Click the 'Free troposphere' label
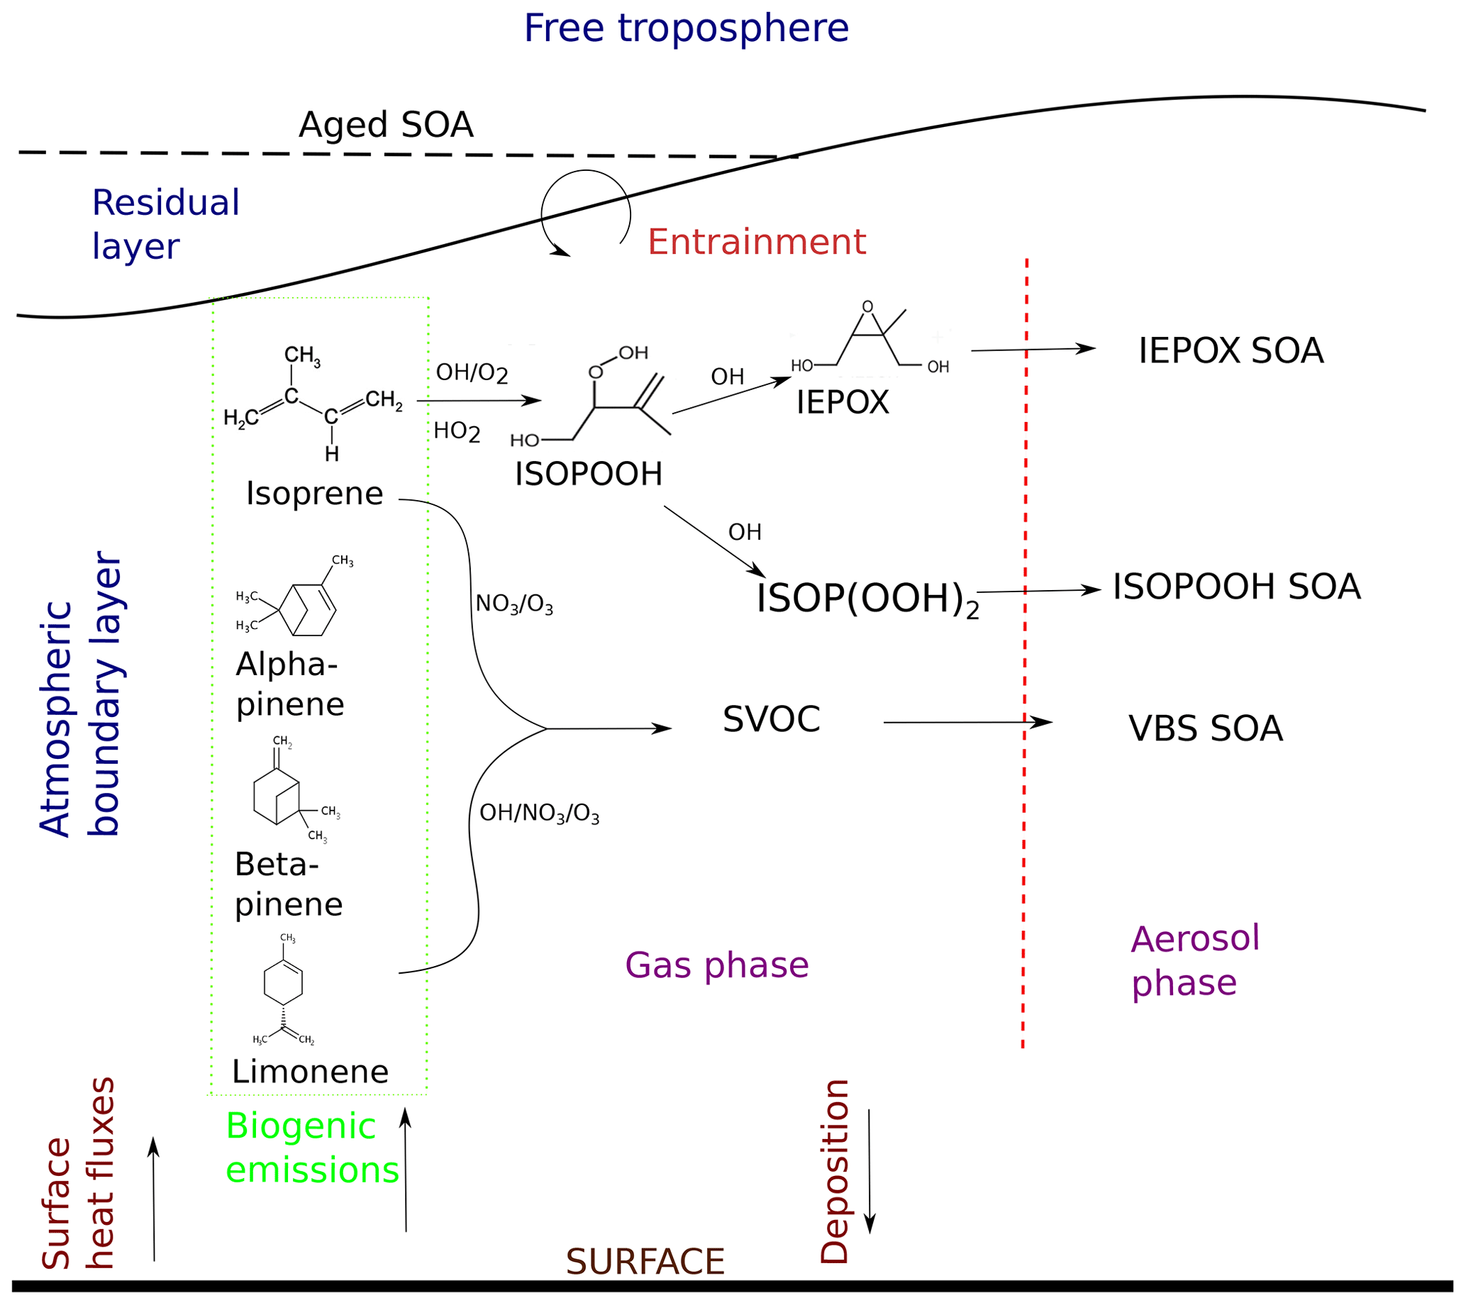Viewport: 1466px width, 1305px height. [x=686, y=28]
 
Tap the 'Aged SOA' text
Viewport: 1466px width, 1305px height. [x=386, y=125]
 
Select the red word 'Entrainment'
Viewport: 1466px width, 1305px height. [x=756, y=242]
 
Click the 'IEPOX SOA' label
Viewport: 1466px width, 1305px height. [x=1230, y=350]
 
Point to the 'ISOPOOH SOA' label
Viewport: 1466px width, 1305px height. [x=1235, y=587]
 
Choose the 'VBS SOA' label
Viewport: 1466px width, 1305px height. [x=1205, y=728]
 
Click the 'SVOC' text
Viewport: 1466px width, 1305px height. [x=771, y=719]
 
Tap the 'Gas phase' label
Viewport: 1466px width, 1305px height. [x=716, y=965]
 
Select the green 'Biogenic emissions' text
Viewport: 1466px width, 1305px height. [x=311, y=1148]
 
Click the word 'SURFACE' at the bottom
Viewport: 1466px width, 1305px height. [x=645, y=1262]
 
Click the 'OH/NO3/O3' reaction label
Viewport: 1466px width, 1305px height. [x=538, y=813]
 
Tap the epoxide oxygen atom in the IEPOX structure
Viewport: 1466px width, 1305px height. [x=867, y=307]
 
